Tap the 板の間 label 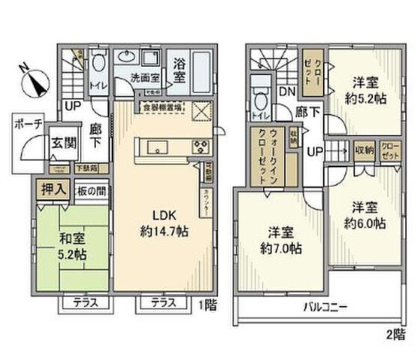[x=90, y=191]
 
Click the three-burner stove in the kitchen [x=202, y=145]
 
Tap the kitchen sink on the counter [x=153, y=145]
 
